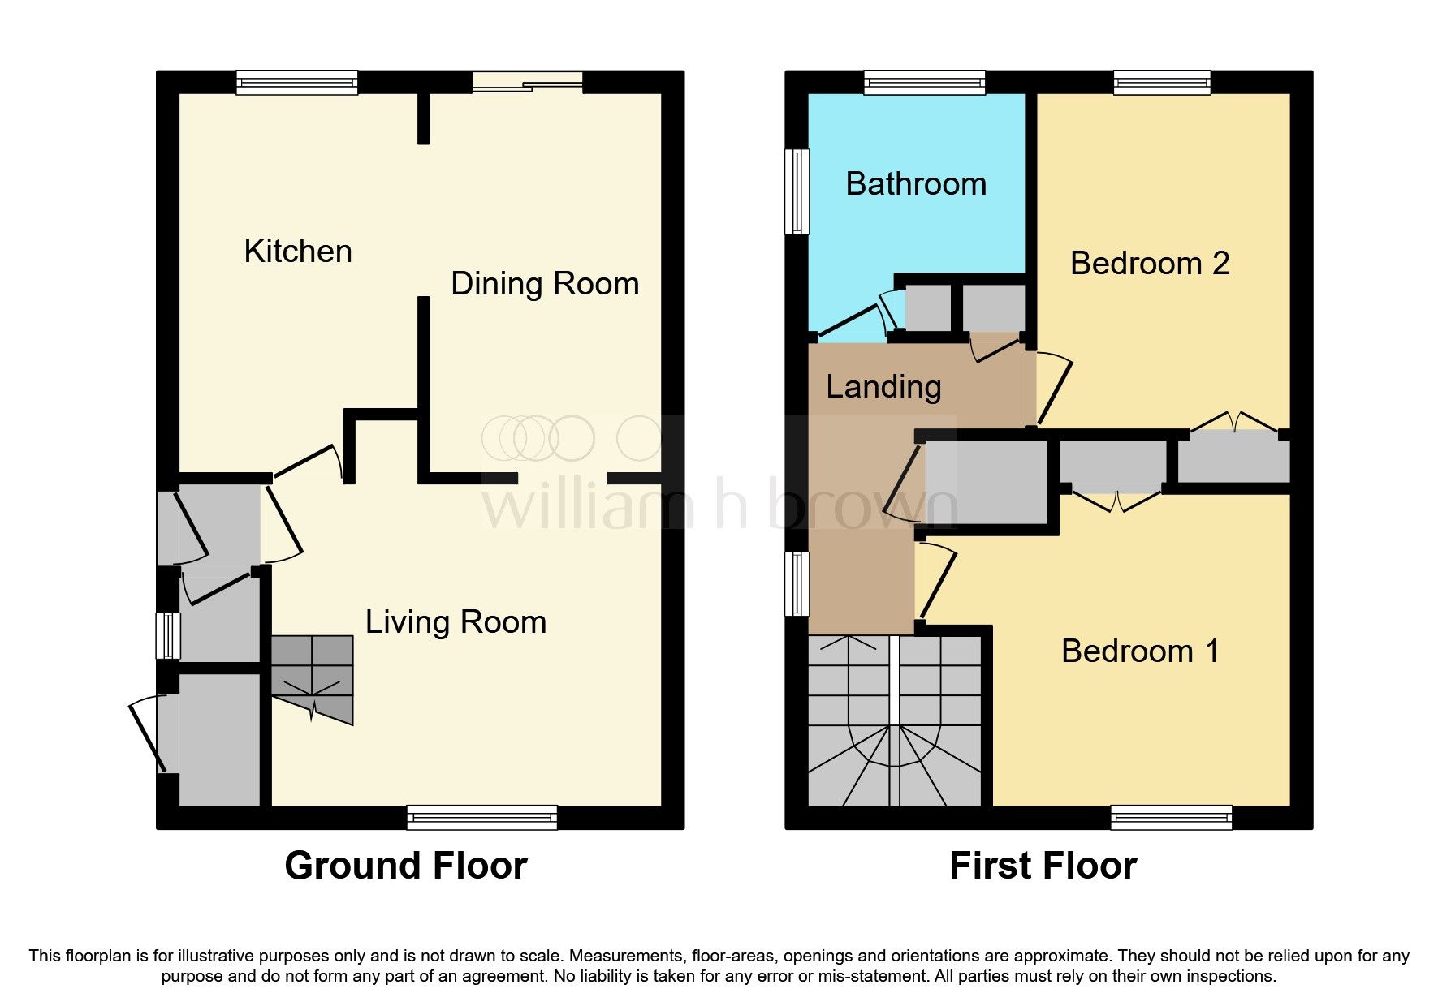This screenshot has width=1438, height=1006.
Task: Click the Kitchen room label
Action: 298,251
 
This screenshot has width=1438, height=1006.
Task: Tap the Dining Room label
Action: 545,284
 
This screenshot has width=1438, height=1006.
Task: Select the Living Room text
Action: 456,622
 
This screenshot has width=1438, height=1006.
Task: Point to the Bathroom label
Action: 916,184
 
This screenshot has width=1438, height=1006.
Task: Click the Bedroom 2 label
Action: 1149,264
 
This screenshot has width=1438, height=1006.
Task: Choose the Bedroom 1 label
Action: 1139,651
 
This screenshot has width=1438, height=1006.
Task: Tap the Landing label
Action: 883,387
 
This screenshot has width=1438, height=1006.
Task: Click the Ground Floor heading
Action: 405,866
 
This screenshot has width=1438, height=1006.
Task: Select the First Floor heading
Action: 1043,866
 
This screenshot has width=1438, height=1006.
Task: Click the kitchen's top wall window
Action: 296,82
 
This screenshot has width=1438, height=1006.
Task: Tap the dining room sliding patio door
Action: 528,82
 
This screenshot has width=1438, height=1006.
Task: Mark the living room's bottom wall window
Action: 482,817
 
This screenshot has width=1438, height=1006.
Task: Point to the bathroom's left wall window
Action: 797,191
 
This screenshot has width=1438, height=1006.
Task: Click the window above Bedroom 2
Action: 1162,82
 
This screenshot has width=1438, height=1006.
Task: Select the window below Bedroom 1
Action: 1171,817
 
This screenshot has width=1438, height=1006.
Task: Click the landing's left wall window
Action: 797,583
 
